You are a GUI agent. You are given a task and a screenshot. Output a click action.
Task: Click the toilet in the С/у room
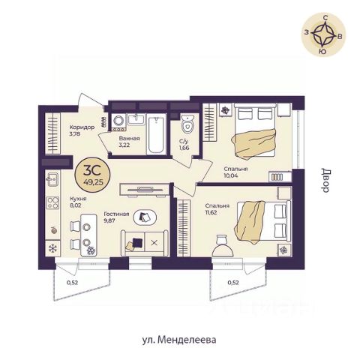pyautogui.click(x=187, y=124)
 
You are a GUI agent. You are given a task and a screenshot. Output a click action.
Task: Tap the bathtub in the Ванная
pyautogui.click(x=157, y=135)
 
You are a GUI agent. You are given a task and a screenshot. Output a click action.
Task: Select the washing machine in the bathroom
pyautogui.click(x=118, y=121)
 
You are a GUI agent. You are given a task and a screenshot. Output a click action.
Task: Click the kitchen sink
pyautogui.click(x=52, y=179)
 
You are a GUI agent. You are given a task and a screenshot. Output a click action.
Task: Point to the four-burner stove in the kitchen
pyautogui.click(x=53, y=202)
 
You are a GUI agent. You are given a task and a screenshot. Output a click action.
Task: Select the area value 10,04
pyautogui.click(x=231, y=175)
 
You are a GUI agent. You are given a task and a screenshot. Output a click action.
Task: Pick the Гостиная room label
pyautogui.click(x=116, y=214)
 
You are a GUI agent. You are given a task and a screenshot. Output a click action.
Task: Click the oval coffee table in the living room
pyautogui.click(x=145, y=217)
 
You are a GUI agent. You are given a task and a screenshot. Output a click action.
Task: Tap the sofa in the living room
pyautogui.click(x=145, y=243)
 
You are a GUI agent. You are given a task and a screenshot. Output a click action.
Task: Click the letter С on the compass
pyautogui.click(x=325, y=18)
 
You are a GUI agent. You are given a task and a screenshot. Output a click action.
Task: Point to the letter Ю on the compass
pyautogui.click(x=322, y=52)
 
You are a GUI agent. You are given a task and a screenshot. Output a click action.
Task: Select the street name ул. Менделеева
pyautogui.click(x=179, y=340)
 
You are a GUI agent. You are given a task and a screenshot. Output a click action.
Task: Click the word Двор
pyautogui.click(x=325, y=180)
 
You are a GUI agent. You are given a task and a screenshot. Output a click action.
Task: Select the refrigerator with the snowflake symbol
pyautogui.click(x=52, y=248)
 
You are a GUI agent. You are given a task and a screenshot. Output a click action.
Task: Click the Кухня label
pyautogui.click(x=78, y=199)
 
